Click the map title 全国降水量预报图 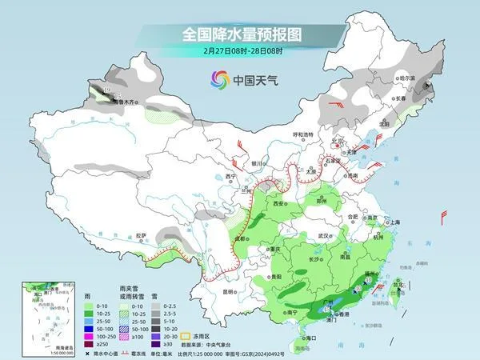pos(239,34)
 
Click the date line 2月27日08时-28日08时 pos(239,52)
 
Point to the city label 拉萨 pos(142,235)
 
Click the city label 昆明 pos(228,291)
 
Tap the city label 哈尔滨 pos(408,78)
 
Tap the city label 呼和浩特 pos(303,134)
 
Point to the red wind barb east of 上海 pos(445,216)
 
